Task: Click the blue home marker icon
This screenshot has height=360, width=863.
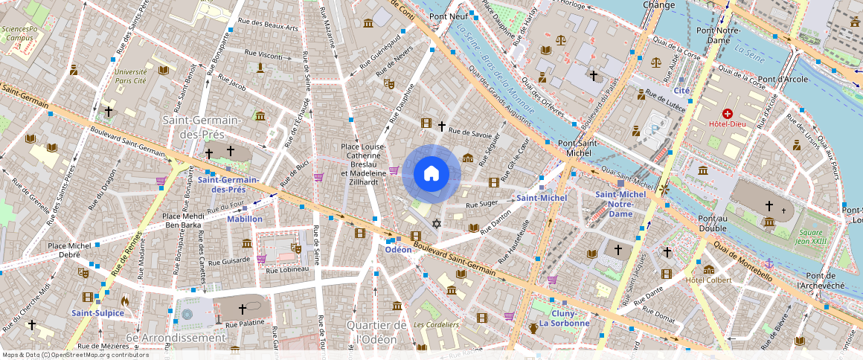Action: click(x=431, y=174)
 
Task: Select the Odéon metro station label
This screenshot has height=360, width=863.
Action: click(x=398, y=250)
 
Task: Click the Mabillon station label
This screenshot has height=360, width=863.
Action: click(x=244, y=219)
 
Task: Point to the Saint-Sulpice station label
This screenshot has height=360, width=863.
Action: click(x=97, y=313)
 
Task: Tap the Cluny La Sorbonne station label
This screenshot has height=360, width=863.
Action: click(x=564, y=318)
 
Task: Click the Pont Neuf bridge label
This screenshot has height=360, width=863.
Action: click(x=448, y=16)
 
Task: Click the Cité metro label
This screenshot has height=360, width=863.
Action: click(x=681, y=91)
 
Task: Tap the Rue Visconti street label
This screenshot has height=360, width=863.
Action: click(x=261, y=56)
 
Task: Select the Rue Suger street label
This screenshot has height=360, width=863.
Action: click(x=481, y=203)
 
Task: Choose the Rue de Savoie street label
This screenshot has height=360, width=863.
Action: click(x=472, y=134)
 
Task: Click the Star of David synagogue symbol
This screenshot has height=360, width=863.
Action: click(x=437, y=224)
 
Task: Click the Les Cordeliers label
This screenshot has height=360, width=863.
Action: click(x=436, y=324)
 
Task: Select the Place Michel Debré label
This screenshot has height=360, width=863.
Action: click(x=68, y=251)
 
